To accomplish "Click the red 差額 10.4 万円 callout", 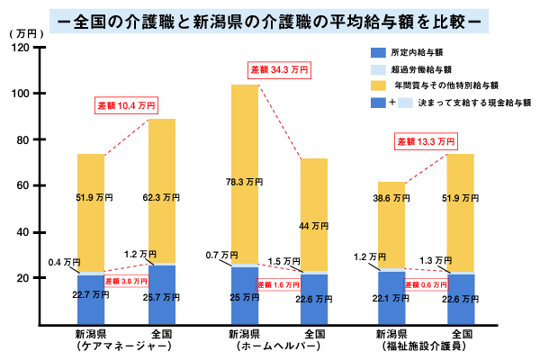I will point(127,106).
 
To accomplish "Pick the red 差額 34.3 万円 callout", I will point(279,69).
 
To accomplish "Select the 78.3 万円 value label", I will point(246,182).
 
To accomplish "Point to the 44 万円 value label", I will point(313,225).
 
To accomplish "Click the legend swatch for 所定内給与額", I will point(376,53).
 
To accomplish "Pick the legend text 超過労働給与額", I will point(421,69).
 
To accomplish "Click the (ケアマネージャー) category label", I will point(91,345).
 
